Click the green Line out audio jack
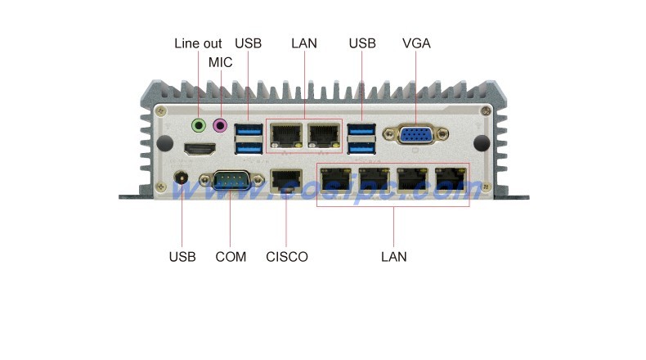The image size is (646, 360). click(x=199, y=125)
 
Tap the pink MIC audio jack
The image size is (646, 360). click(x=220, y=125)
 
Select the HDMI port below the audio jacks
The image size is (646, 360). click(x=200, y=149)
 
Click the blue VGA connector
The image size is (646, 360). click(x=415, y=134)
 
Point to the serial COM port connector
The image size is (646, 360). click(x=232, y=180)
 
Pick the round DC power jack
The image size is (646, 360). click(x=182, y=178)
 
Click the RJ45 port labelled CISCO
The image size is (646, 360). click(x=286, y=181)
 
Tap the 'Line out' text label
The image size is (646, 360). click(x=198, y=43)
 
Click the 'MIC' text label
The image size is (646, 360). click(x=221, y=62)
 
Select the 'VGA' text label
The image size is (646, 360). click(x=416, y=43)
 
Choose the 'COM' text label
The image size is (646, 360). click(x=231, y=257)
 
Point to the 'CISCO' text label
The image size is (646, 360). click(x=287, y=257)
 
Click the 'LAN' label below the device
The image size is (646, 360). click(x=394, y=257)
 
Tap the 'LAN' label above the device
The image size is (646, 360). click(x=304, y=43)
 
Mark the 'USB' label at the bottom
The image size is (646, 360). click(x=182, y=257)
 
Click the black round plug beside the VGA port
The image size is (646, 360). click(x=482, y=143)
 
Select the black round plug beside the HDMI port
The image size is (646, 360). click(x=165, y=143)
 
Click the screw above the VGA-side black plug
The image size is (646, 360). click(x=487, y=110)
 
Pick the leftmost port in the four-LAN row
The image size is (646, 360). click(x=336, y=178)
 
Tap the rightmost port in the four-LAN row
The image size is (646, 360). click(x=451, y=178)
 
